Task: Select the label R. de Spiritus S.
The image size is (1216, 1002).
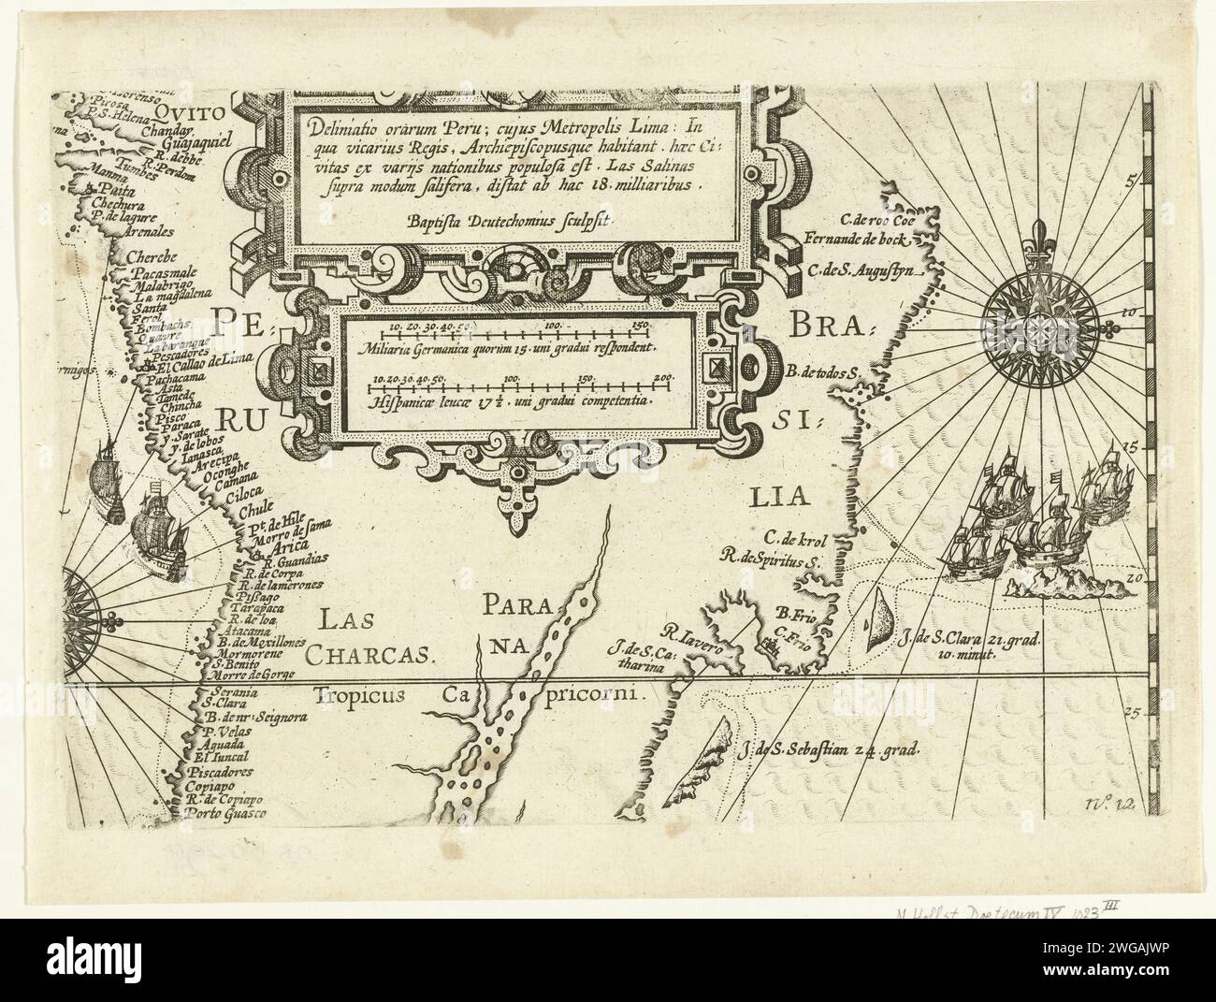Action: tap(769, 561)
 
